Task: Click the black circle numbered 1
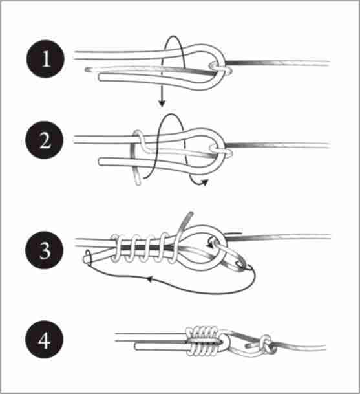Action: [45, 59]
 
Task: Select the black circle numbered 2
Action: [45, 140]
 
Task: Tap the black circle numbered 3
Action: [44, 250]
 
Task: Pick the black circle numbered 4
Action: [44, 340]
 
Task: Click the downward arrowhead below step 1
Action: [162, 102]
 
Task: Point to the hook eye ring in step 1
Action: [220, 69]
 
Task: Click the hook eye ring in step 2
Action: [220, 151]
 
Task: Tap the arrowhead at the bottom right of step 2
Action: [205, 182]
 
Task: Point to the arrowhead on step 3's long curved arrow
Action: [149, 279]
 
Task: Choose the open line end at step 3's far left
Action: [87, 257]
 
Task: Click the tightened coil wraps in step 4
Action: [202, 341]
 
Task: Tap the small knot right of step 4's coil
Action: [268, 344]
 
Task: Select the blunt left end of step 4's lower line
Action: [136, 347]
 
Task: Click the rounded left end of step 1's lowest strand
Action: [101, 77]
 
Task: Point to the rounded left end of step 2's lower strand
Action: [101, 162]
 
